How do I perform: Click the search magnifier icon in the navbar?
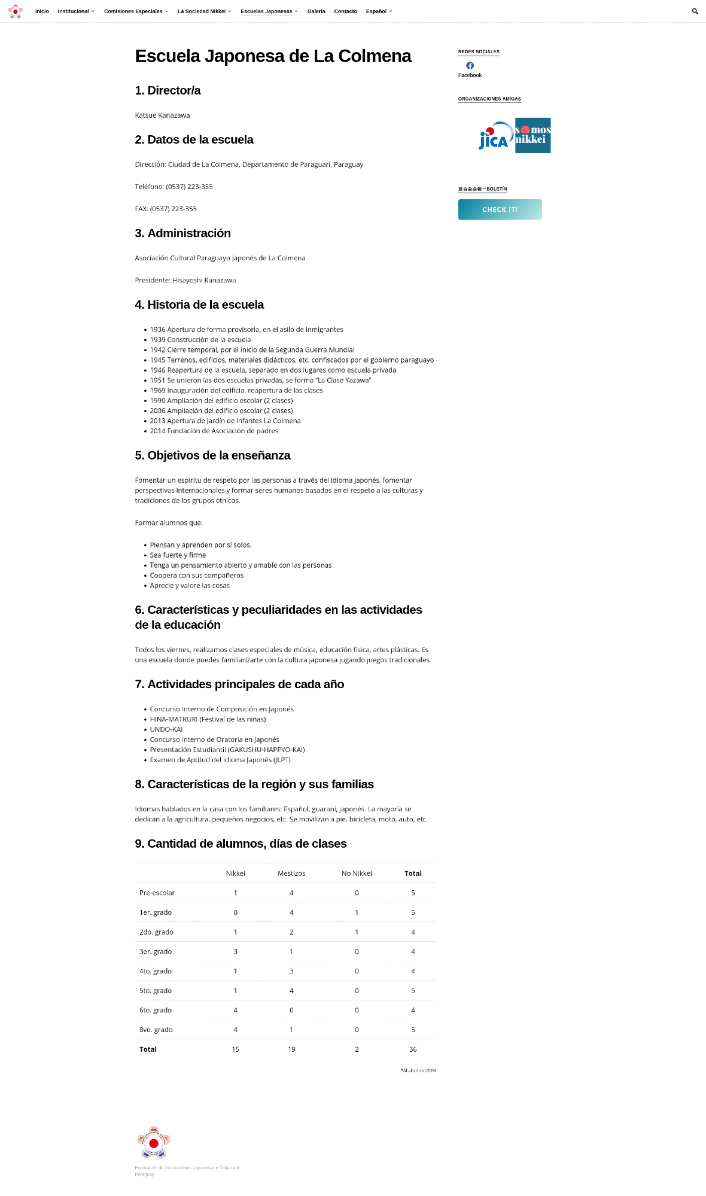pyautogui.click(x=695, y=11)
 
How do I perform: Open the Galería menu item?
pyautogui.click(x=316, y=11)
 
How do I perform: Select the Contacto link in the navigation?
pyautogui.click(x=345, y=11)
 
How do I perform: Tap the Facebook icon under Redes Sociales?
pyautogui.click(x=470, y=66)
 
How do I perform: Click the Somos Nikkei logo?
pyautogui.click(x=532, y=135)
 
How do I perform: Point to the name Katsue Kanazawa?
pyautogui.click(x=162, y=115)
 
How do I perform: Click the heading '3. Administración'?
pyautogui.click(x=182, y=233)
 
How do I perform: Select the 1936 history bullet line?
pyautogui.click(x=246, y=330)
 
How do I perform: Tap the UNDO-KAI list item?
pyautogui.click(x=166, y=729)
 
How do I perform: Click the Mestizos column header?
pyautogui.click(x=291, y=874)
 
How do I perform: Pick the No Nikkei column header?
pyautogui.click(x=357, y=874)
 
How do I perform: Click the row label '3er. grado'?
pyautogui.click(x=156, y=951)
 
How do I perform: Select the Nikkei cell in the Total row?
pyautogui.click(x=236, y=1049)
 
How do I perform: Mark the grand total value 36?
pyautogui.click(x=413, y=1049)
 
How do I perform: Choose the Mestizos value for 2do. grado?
pyautogui.click(x=291, y=932)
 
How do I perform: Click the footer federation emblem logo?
pyautogui.click(x=153, y=1142)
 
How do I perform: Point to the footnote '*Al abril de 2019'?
pyautogui.click(x=418, y=1070)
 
